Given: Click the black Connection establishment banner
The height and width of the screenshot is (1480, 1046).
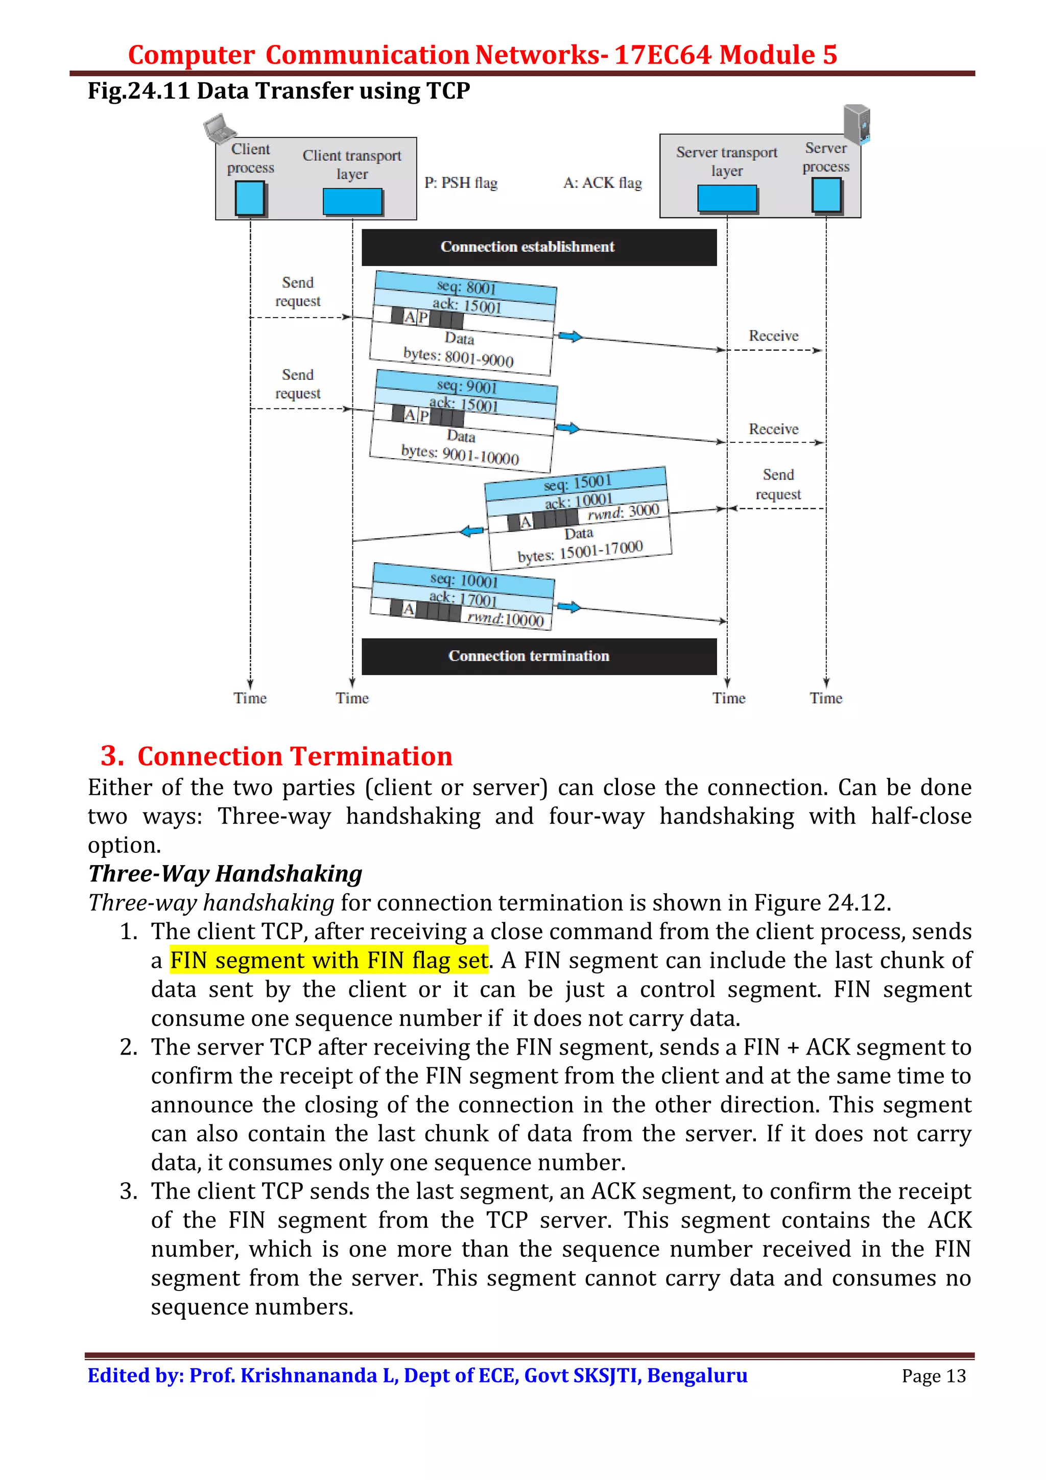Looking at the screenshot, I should tap(539, 247).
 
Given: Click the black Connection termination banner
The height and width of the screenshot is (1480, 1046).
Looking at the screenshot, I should tap(539, 656).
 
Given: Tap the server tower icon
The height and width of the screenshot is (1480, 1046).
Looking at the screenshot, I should tap(857, 124).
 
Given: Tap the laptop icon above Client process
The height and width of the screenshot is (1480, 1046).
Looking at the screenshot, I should tap(219, 127).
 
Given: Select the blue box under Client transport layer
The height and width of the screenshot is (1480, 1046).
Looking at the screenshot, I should tap(352, 201).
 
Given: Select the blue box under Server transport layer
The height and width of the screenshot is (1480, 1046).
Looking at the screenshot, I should tap(726, 198).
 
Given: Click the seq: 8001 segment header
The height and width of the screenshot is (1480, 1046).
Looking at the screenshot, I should tap(466, 287).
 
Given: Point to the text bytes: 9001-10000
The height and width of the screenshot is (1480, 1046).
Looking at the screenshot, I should tap(460, 455).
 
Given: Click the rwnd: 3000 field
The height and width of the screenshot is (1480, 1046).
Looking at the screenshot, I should tap(623, 512).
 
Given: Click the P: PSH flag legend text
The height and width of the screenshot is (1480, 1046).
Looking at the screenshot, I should tap(461, 183).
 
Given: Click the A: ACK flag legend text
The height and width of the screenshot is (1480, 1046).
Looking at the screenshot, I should tap(602, 183).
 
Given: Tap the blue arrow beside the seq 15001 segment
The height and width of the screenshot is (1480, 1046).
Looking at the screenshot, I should tap(472, 531).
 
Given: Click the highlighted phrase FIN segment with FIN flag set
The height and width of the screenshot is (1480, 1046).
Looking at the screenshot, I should tap(329, 961).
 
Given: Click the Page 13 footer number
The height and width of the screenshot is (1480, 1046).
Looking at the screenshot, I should tap(933, 1376).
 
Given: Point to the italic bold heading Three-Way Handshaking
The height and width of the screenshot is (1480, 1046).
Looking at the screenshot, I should tap(226, 874).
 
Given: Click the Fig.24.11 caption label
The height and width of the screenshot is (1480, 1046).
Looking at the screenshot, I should tap(138, 91).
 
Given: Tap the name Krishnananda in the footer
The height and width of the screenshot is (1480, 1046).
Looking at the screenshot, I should tap(308, 1376).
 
